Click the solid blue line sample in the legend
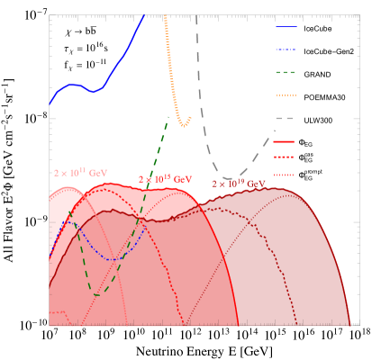click(286, 27)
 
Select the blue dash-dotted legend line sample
click(286, 49)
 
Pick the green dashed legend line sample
click(286, 72)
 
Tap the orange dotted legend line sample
click(286, 95)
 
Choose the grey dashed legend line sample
click(286, 119)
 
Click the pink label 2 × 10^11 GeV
click(81, 171)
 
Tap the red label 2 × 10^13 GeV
click(165, 179)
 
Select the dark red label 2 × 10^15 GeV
click(239, 184)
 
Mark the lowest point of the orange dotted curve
click(183, 125)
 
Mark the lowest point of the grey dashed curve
click(229, 178)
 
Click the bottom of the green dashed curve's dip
click(96, 294)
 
